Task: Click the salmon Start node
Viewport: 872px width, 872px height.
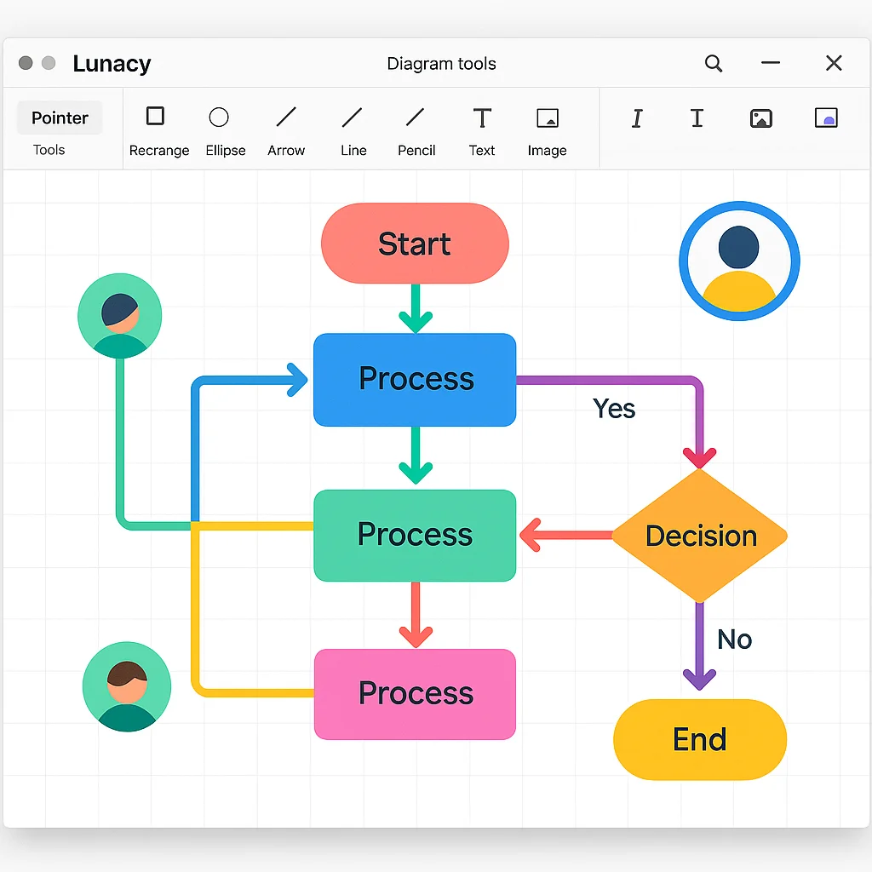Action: click(415, 244)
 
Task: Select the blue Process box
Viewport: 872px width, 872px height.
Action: click(415, 379)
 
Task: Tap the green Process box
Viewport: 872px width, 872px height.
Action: click(415, 535)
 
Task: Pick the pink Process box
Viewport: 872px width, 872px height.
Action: click(415, 693)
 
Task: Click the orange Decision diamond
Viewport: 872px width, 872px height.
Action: click(700, 536)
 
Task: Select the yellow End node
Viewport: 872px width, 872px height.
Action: click(700, 739)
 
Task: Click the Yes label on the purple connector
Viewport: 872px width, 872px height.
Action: click(614, 409)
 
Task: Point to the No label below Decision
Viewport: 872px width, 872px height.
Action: click(734, 640)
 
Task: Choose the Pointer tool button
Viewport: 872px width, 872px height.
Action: click(60, 118)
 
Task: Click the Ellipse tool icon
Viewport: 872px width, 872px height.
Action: click(219, 117)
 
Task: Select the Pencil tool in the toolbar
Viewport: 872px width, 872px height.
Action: click(416, 117)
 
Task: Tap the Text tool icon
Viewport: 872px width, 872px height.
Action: click(482, 118)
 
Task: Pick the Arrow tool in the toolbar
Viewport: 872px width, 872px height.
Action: click(286, 117)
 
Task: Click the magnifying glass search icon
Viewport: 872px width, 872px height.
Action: click(714, 64)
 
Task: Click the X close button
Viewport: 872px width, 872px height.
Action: click(834, 63)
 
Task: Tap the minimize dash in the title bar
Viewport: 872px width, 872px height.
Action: click(771, 63)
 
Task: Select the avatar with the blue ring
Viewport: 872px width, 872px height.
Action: click(739, 261)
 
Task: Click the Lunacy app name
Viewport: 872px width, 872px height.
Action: click(112, 64)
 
